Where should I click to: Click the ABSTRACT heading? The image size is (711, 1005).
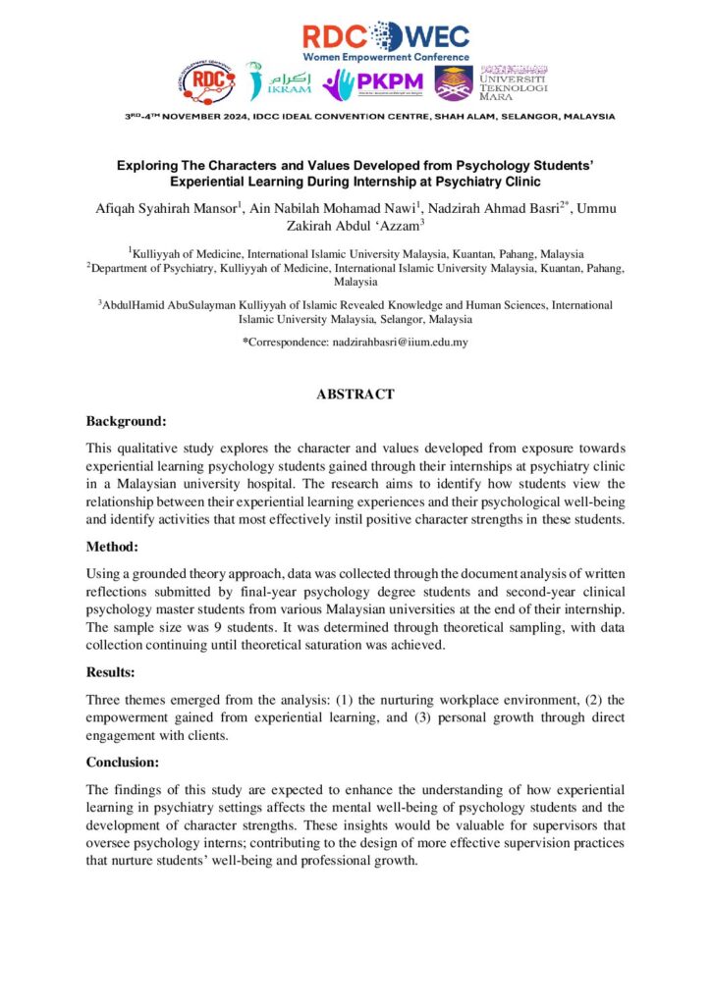click(355, 394)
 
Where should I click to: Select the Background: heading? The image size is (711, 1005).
click(126, 421)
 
